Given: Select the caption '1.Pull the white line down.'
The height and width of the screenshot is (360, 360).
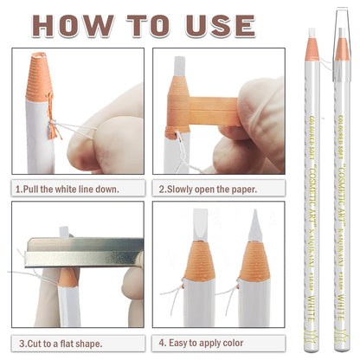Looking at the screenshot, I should click(67, 188).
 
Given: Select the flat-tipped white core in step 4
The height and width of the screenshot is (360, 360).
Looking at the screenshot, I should click(200, 227).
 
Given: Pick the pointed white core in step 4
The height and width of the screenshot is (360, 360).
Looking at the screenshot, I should click(254, 228).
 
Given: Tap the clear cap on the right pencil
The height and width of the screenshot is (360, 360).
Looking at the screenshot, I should click(341, 35).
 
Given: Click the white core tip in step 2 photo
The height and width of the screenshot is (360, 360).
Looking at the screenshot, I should click(179, 65).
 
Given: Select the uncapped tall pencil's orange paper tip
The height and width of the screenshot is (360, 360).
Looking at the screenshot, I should click(312, 50).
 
